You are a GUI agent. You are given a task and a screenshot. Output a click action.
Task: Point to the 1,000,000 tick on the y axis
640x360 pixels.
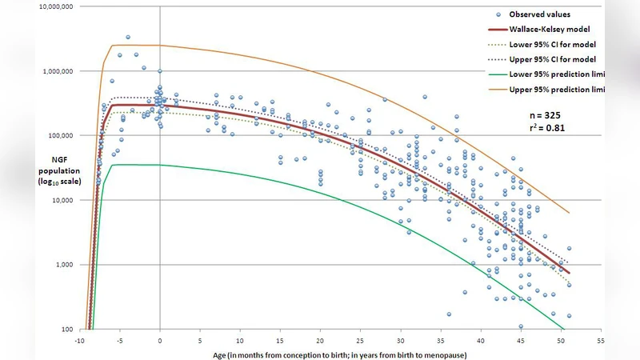click(x=55, y=71)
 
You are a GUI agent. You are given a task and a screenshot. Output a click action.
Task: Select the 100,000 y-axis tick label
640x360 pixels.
click(x=58, y=136)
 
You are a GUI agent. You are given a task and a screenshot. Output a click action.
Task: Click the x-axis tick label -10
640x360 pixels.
click(x=79, y=338)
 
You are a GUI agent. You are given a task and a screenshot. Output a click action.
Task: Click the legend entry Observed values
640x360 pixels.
click(x=541, y=14)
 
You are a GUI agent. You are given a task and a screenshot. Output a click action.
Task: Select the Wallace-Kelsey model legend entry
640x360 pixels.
click(x=546, y=29)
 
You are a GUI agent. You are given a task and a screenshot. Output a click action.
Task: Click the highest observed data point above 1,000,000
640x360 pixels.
click(x=128, y=37)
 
